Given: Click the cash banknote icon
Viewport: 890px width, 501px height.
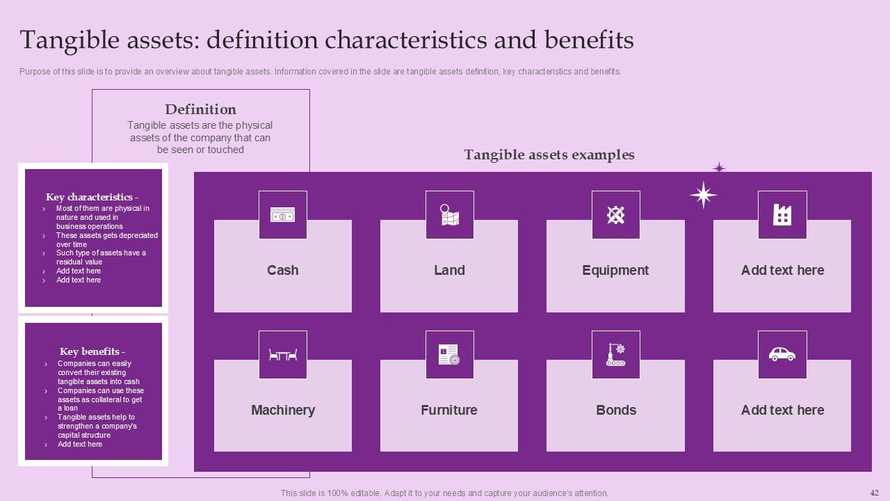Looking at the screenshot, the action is tap(282, 216).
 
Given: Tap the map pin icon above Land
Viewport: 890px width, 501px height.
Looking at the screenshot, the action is tap(449, 216).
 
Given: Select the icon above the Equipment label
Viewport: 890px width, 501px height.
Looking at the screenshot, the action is tap(615, 216).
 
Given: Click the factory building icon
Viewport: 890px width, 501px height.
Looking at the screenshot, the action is tap(782, 216).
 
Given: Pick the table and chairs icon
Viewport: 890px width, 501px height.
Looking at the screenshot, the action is tap(282, 355).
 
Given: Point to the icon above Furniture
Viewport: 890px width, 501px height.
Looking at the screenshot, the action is tap(449, 355).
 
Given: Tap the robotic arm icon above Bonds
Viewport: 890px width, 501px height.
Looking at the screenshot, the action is tap(615, 355).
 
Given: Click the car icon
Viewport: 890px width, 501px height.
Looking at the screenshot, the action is tap(782, 355).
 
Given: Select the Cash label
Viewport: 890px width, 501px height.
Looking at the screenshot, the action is tap(282, 270).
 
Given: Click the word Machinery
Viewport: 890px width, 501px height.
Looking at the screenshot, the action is tap(282, 410).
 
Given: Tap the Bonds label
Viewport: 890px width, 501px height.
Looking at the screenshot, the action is tap(615, 410).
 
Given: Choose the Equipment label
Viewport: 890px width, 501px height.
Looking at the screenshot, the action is tap(615, 270).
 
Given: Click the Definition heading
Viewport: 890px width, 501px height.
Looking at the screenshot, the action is tap(200, 109).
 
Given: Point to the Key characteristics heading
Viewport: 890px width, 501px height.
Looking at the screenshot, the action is tap(92, 197).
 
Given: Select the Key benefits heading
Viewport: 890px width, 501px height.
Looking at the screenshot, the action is tap(92, 351).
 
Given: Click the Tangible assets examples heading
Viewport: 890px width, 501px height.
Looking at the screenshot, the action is tap(549, 154).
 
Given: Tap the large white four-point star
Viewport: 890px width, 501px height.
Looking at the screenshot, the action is tap(703, 195).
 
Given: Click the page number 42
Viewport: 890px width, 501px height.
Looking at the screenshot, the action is tap(874, 492).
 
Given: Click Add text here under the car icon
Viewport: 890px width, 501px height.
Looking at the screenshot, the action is tap(782, 410).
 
